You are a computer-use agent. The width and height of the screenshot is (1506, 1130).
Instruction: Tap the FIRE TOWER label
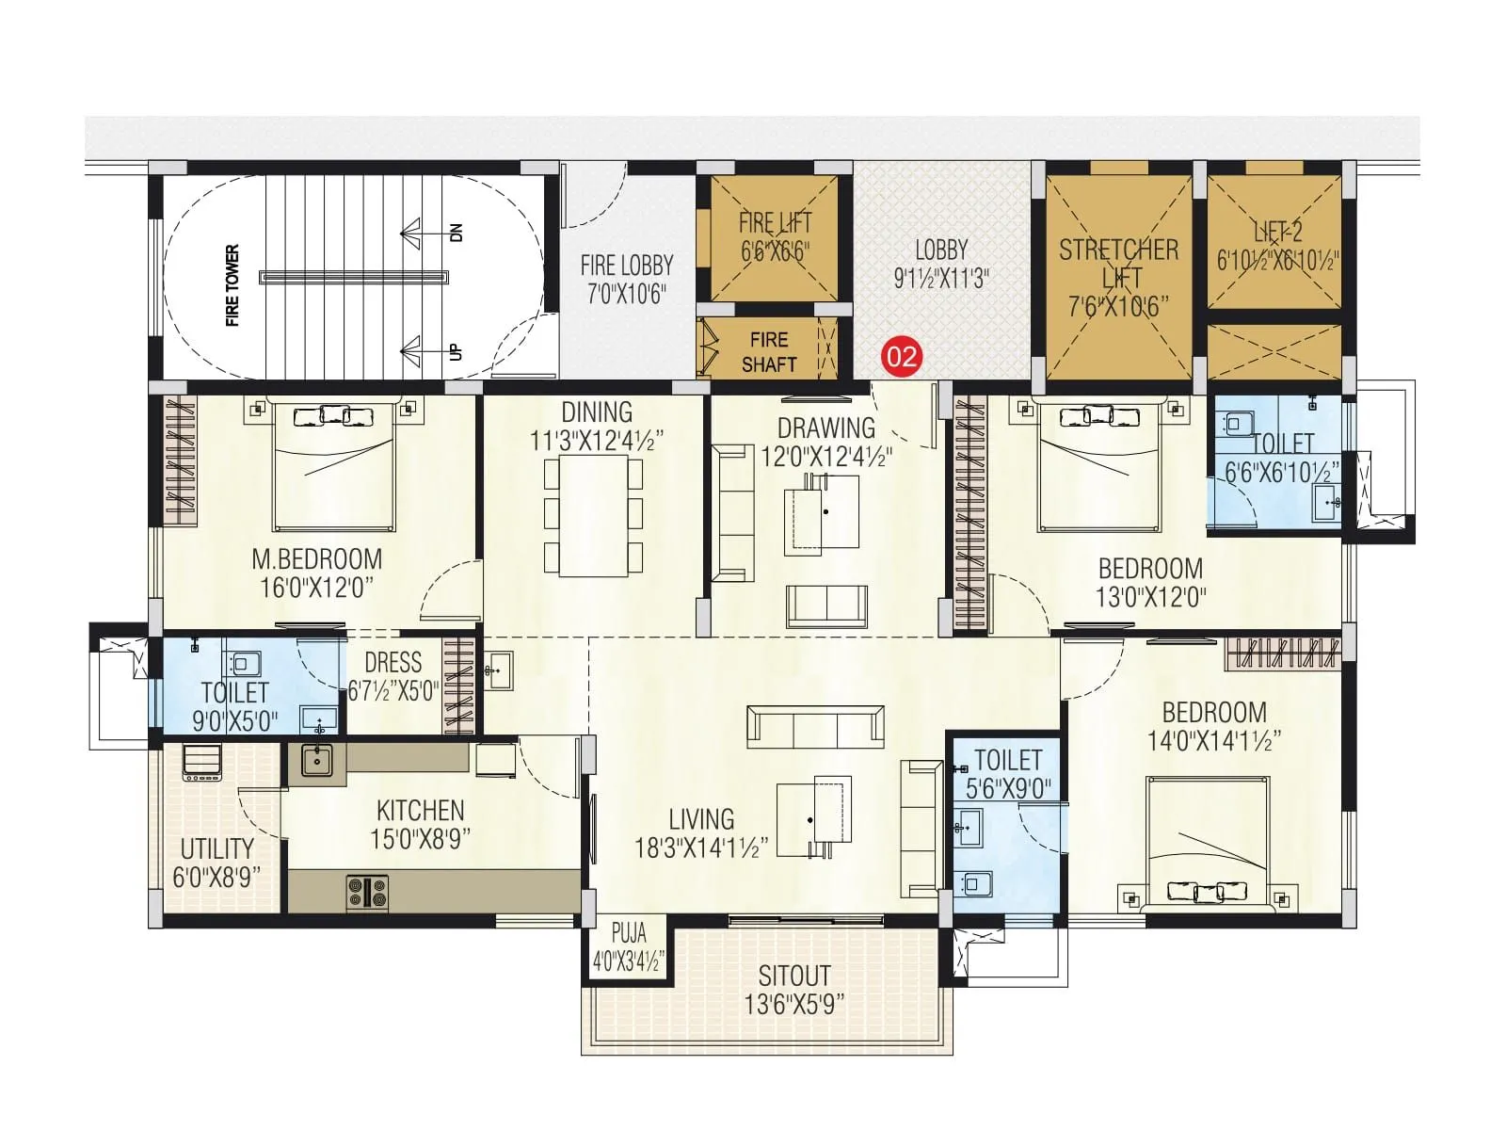[x=232, y=285]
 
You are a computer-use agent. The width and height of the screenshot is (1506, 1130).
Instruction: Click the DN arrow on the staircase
[x=424, y=232]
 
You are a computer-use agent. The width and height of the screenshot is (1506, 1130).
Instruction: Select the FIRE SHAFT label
[x=769, y=351]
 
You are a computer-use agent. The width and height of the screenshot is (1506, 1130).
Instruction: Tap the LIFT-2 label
[x=1277, y=232]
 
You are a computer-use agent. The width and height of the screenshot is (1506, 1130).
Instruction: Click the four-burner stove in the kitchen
[x=366, y=891]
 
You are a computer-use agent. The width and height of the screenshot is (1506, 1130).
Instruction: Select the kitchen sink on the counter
[x=317, y=758]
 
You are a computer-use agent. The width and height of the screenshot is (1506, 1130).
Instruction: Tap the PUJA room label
[x=628, y=933]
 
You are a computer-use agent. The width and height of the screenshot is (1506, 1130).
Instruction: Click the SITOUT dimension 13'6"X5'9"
[x=793, y=1004]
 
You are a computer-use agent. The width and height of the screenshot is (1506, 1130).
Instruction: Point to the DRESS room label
[x=393, y=662]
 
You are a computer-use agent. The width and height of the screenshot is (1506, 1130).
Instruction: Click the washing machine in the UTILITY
[x=202, y=762]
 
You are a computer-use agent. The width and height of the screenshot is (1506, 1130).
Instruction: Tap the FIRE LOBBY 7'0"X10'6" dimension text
[x=626, y=294]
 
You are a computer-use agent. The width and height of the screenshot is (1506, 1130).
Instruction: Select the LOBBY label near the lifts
[x=940, y=250]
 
